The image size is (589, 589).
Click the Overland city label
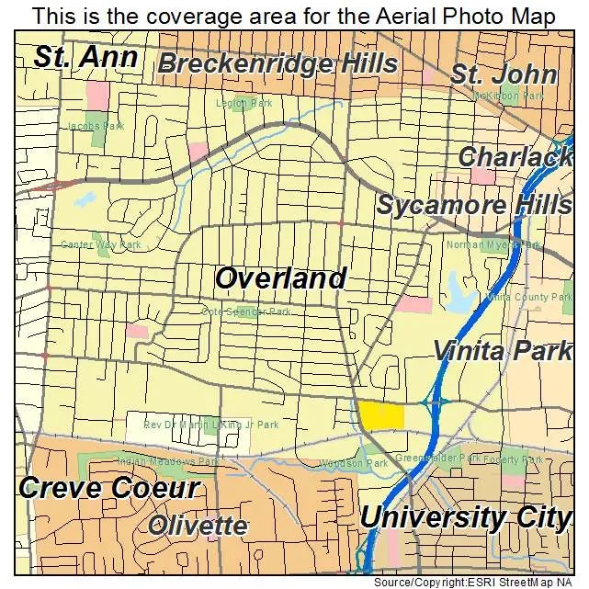(281, 278)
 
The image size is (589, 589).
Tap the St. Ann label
(85, 57)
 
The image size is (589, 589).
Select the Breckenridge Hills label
(278, 63)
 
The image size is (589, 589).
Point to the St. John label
(503, 74)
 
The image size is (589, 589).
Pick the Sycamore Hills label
(472, 205)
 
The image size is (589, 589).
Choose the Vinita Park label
(502, 351)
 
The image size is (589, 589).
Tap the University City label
(465, 517)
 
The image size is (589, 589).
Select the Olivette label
(198, 527)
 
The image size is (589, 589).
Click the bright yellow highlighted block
(380, 415)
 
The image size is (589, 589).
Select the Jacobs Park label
(96, 126)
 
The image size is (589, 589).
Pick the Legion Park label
(244, 104)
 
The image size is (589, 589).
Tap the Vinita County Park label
(530, 298)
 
